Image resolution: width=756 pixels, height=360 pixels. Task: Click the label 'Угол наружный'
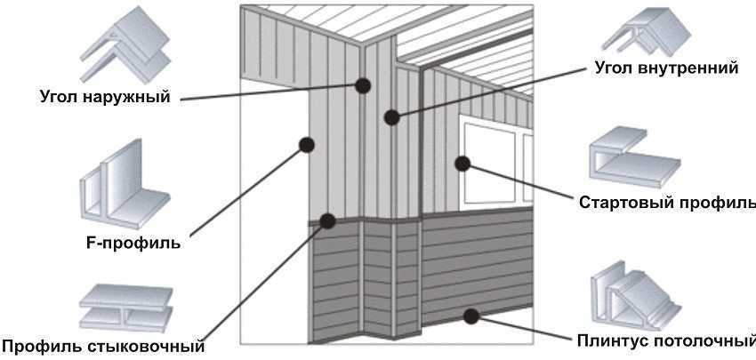[x=105, y=97]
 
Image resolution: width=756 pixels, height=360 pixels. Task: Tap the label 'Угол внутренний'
[x=666, y=67]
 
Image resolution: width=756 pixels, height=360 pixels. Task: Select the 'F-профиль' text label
[x=133, y=243]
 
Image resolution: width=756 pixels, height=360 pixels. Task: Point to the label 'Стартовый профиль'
[x=667, y=202]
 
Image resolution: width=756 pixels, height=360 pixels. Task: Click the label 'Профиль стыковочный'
[x=103, y=346]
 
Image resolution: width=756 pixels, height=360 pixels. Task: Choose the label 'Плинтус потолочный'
[x=666, y=340]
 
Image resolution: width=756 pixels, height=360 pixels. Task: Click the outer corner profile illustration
[x=125, y=44]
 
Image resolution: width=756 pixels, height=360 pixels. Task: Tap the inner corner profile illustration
[x=646, y=33]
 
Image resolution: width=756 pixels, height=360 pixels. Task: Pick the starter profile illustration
[x=634, y=156]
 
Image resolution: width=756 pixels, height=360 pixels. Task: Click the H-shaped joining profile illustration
[x=125, y=308]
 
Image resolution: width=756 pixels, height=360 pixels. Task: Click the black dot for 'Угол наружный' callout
[x=363, y=86]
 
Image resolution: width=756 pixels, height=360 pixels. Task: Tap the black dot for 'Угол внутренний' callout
[x=392, y=117]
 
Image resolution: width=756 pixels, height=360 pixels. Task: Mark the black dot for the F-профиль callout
[x=307, y=145]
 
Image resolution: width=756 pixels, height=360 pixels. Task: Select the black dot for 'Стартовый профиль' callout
[x=462, y=164]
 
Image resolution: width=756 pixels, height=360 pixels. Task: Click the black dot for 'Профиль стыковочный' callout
[x=328, y=220]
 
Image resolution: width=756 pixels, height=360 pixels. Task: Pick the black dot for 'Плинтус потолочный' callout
[x=470, y=316]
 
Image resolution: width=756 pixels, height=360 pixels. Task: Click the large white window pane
[x=488, y=164]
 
